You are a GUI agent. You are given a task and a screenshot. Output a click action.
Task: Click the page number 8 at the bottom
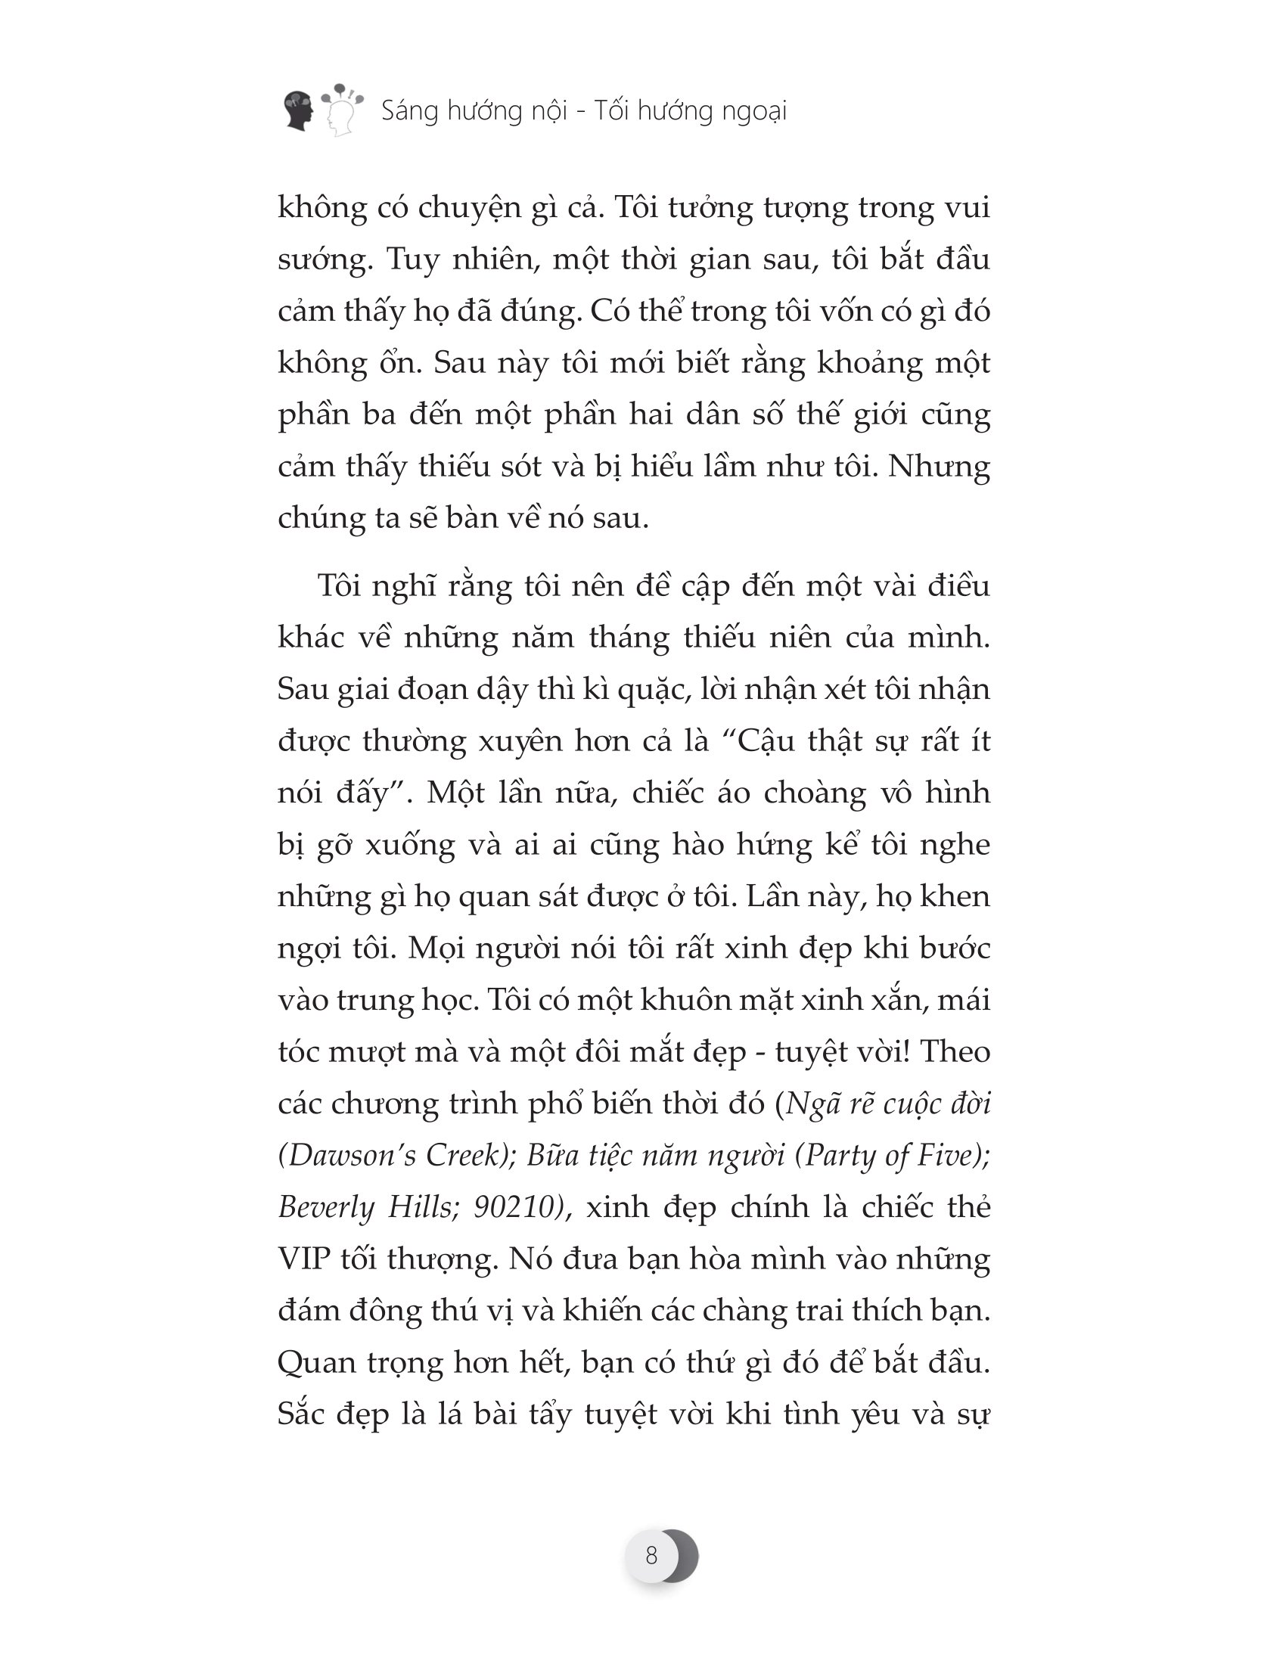(x=651, y=1555)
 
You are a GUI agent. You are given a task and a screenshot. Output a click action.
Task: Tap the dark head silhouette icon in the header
(x=299, y=111)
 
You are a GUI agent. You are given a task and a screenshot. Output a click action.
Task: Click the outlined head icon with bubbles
(x=341, y=111)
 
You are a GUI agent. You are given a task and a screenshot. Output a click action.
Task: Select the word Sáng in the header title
(x=409, y=111)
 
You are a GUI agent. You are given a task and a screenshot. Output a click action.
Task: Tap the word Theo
(x=955, y=1052)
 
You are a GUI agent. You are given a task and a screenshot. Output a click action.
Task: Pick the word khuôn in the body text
(x=685, y=1001)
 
